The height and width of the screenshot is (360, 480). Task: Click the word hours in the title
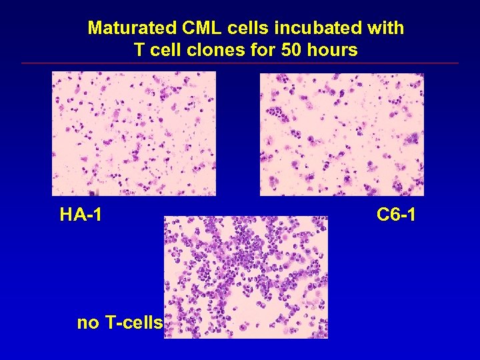[331, 50]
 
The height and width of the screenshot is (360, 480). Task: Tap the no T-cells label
[120, 323]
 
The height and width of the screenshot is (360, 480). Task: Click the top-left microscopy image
[134, 133]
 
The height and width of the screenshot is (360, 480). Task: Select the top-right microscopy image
[341, 134]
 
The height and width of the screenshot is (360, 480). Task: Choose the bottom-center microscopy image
[246, 277]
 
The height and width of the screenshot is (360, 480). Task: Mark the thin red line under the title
[240, 63]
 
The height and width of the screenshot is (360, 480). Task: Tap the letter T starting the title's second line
[139, 50]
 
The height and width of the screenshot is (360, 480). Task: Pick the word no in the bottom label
[87, 323]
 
